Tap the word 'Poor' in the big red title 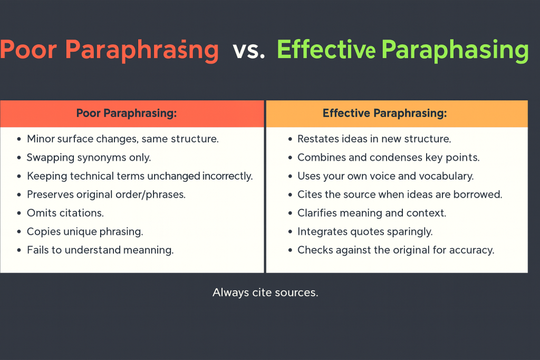28,50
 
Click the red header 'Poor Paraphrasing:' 127,113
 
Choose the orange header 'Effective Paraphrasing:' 384,113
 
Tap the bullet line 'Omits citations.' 65,213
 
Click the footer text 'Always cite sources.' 265,293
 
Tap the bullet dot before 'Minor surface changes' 19,139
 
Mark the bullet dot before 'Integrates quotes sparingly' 290,232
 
